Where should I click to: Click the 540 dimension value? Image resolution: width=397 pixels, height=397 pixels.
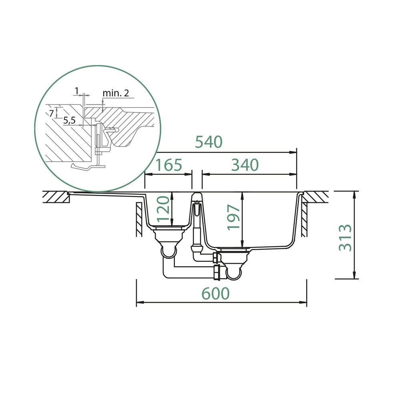(209, 142)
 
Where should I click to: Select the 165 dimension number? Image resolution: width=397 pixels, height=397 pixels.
(168, 165)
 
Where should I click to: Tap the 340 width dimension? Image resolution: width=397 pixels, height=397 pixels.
(245, 165)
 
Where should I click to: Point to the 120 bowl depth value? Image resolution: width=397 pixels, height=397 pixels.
(162, 208)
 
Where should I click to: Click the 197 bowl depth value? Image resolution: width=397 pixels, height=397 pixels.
(233, 217)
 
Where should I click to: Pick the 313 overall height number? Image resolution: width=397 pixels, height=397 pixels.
(345, 237)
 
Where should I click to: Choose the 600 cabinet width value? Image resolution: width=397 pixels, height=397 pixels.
(215, 293)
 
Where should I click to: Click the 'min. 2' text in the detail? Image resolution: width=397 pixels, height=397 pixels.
(116, 93)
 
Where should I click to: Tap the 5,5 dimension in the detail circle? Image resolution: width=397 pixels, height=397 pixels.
(69, 120)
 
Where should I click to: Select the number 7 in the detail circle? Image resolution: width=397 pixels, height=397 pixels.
(51, 113)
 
